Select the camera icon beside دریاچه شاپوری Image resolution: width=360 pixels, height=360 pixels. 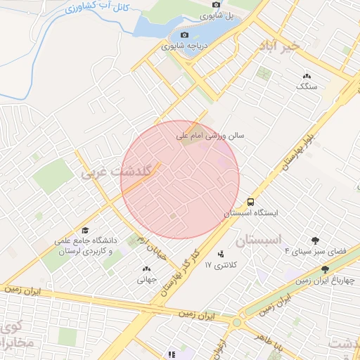tap(185, 35)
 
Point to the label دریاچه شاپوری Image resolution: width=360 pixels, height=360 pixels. tap(182, 46)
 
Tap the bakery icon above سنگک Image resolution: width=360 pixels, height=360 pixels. tap(307, 76)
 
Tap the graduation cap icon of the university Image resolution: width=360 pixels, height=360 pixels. tap(85, 231)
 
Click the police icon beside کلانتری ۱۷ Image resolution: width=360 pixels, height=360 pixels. tap(222, 254)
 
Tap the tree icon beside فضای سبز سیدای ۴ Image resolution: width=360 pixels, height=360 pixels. tap(315, 240)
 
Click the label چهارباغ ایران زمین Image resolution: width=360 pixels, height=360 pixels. tap(324, 281)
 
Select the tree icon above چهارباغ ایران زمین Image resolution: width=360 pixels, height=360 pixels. tap(325, 269)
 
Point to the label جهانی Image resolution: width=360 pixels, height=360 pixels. tap(147, 279)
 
